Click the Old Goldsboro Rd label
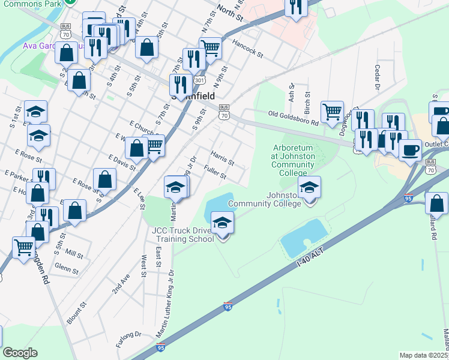294,118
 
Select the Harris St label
222,158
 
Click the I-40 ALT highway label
316,256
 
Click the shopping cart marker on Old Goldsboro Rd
332,112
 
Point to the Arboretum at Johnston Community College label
294,160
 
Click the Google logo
20,353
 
